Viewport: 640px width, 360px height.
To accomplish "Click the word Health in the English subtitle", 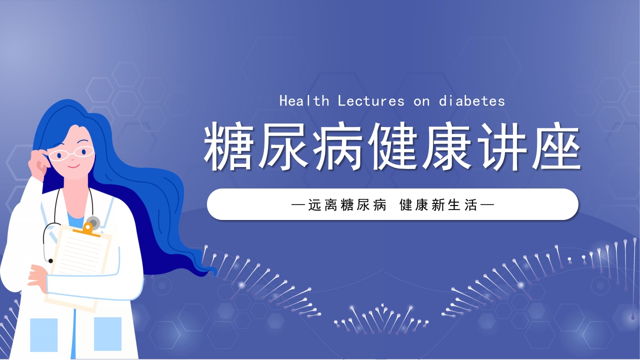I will (304, 101).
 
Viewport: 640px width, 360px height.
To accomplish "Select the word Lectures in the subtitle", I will (371, 101).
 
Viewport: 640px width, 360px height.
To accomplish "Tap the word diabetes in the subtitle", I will (472, 101).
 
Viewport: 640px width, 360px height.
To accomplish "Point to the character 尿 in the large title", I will (283, 145).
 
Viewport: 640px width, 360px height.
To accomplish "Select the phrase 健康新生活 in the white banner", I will (438, 204).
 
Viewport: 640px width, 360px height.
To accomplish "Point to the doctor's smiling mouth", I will (73, 165).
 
